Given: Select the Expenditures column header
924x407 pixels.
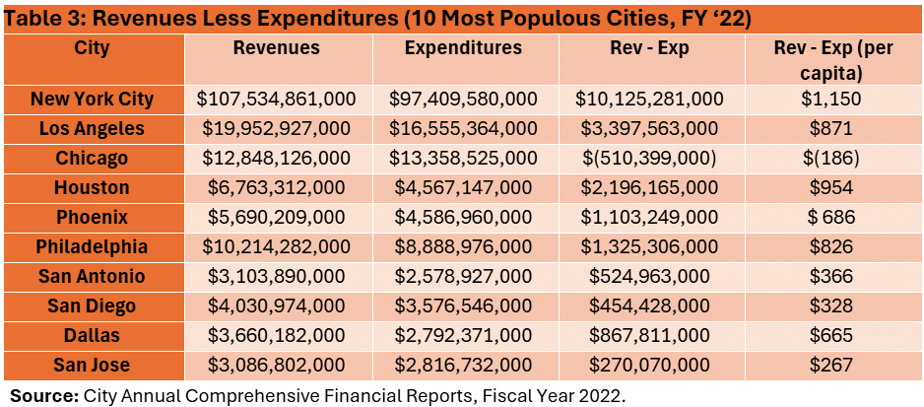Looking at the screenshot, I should point(463,48).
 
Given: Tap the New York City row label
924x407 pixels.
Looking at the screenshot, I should point(92,99).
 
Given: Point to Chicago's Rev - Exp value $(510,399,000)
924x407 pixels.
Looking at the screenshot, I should point(651,159).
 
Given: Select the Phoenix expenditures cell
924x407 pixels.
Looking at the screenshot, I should point(463,218).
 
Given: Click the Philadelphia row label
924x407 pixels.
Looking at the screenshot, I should point(92,247).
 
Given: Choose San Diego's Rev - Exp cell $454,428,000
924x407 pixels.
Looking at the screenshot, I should point(651,306).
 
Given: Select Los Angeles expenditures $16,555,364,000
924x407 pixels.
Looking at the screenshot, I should point(463,129).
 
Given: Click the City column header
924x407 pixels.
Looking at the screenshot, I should point(92,48).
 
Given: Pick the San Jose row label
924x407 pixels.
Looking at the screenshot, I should point(92,366).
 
